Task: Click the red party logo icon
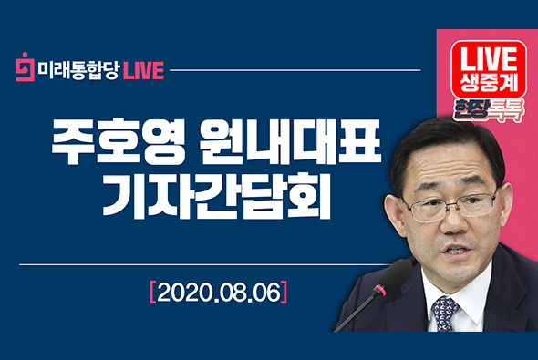tap(26, 69)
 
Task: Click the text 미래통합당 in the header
tap(78, 70)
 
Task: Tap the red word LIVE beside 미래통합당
tap(144, 70)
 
